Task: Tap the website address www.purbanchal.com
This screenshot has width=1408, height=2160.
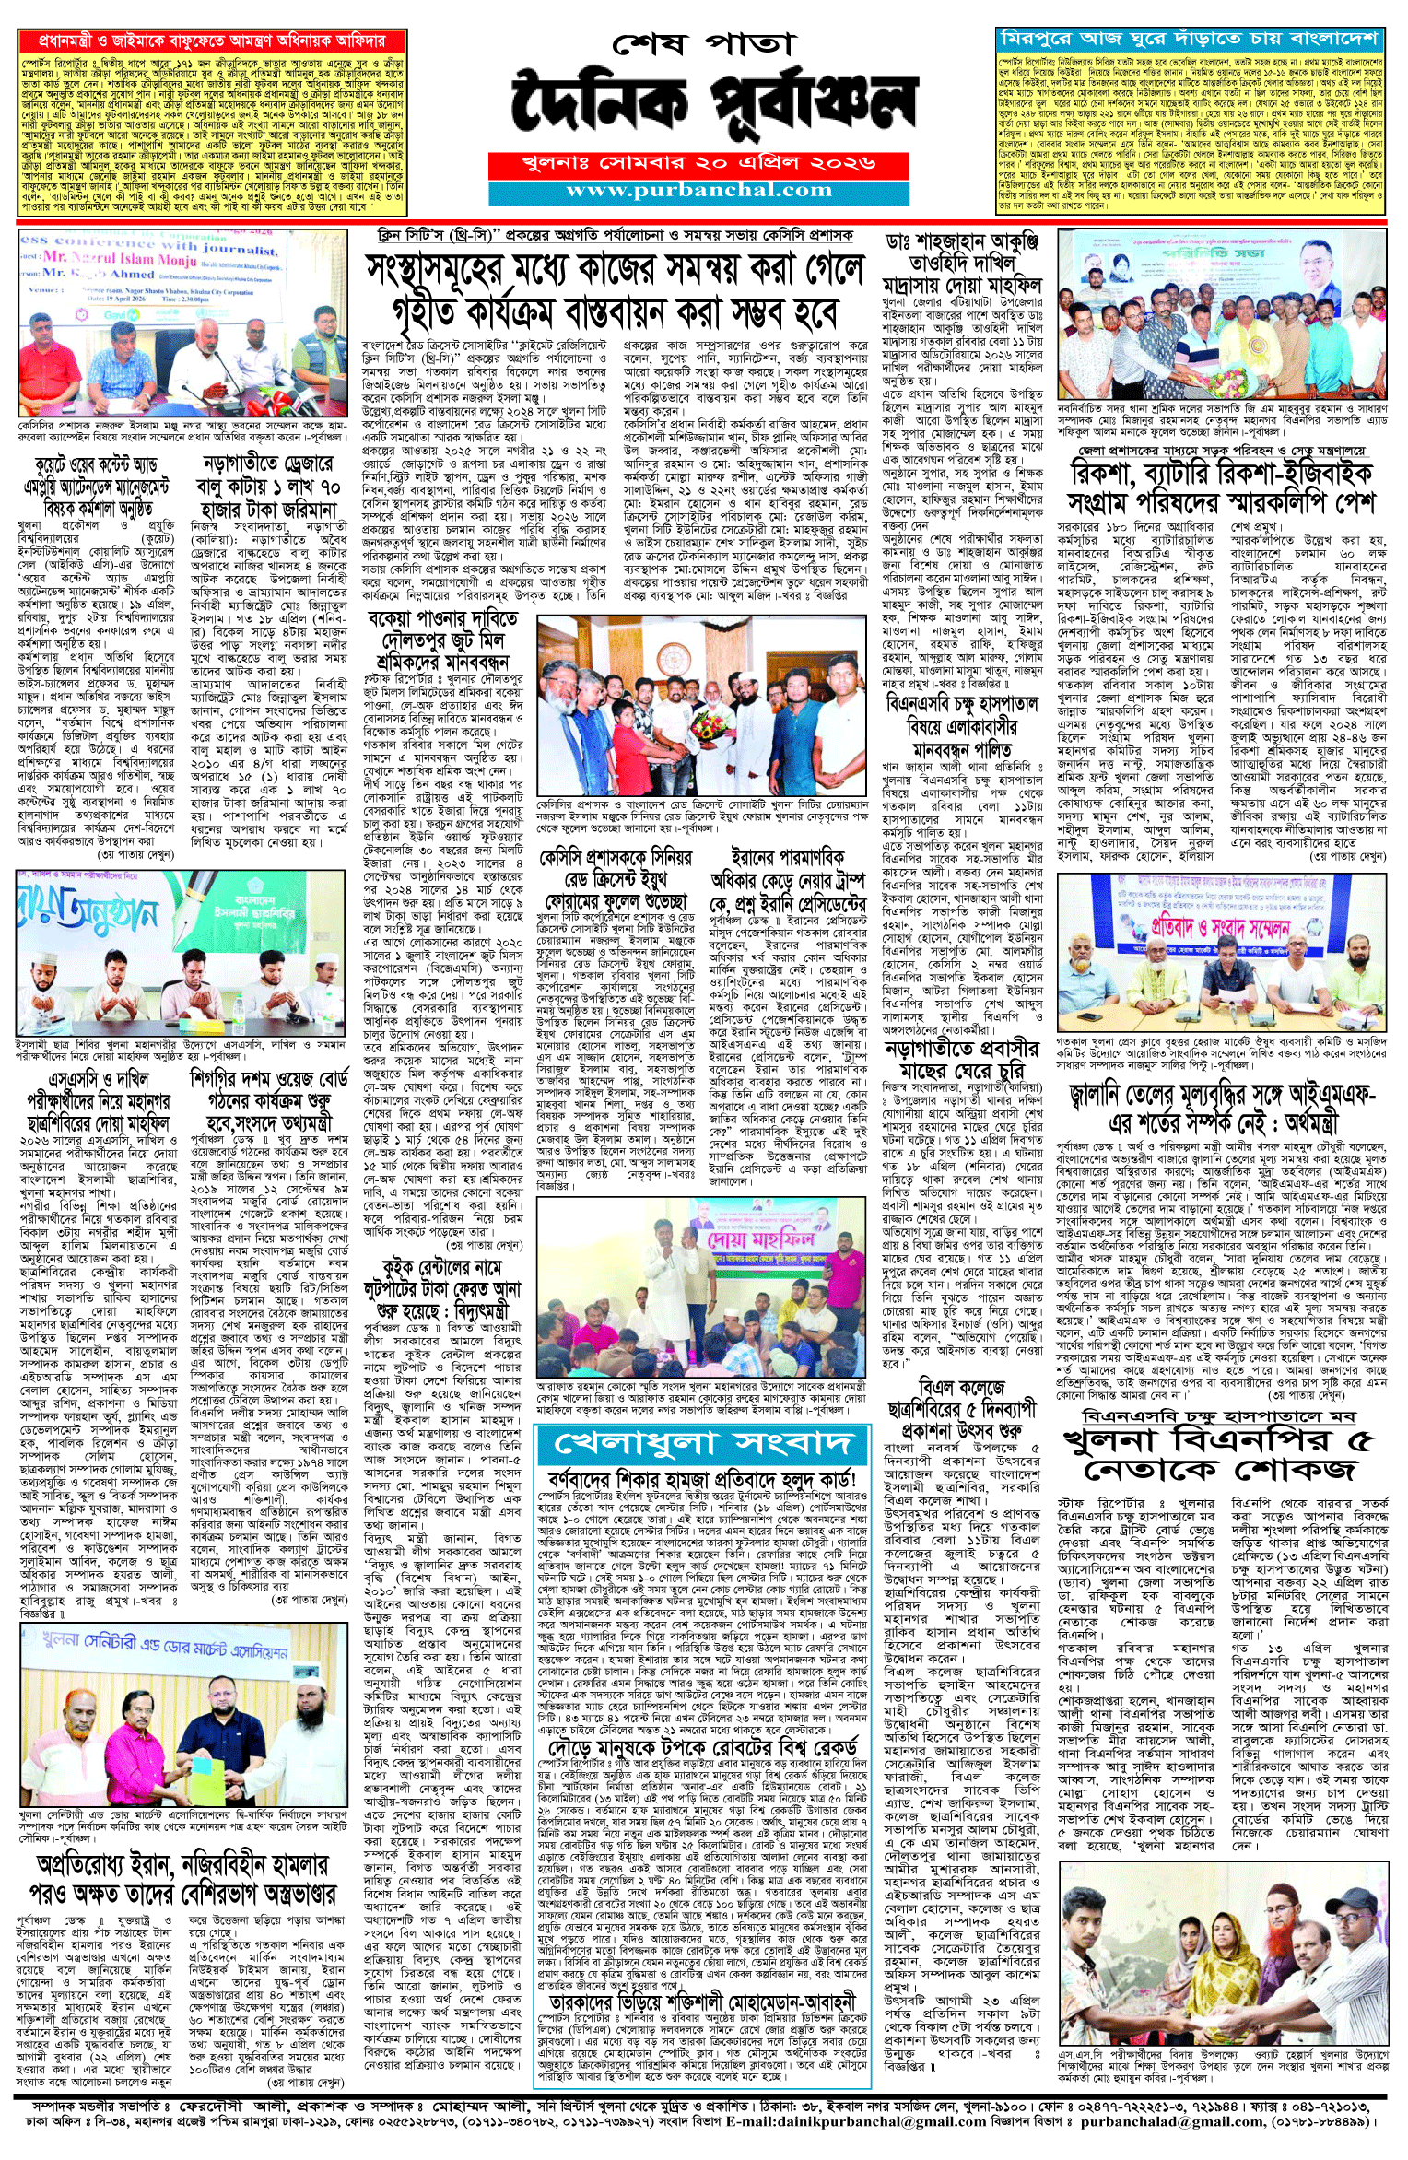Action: pyautogui.click(x=698, y=191)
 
